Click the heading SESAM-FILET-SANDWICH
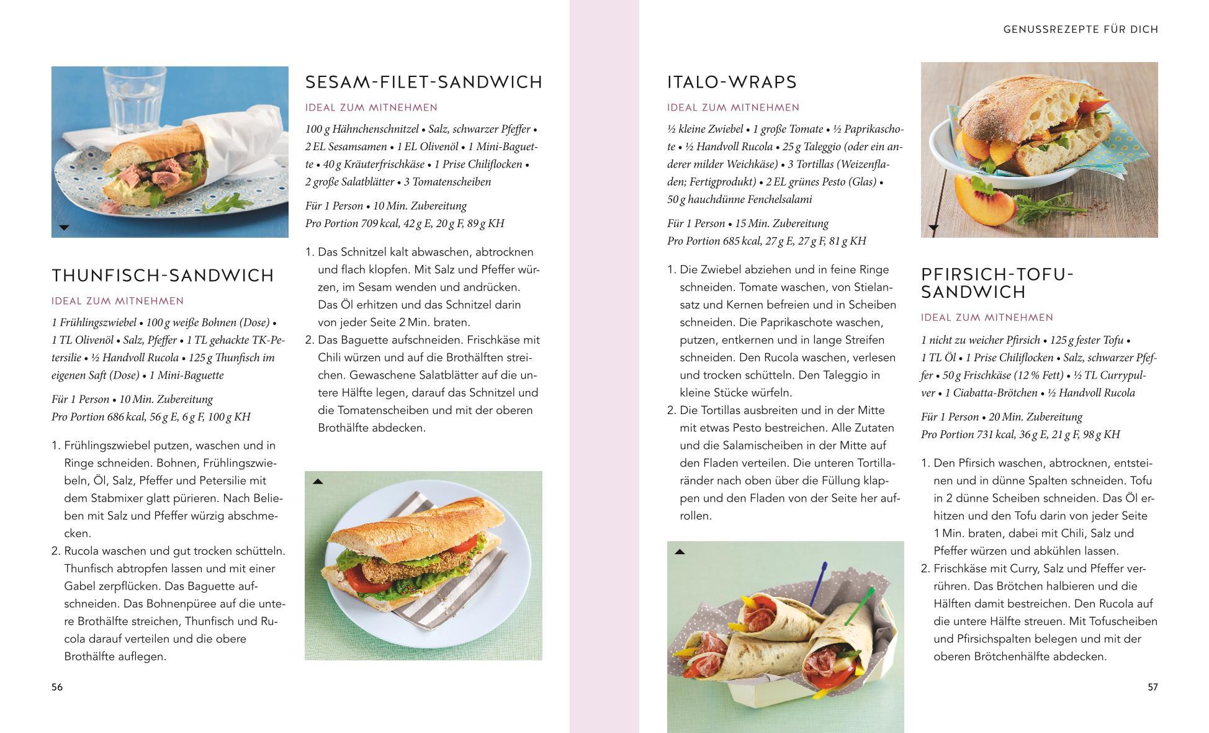[x=424, y=82]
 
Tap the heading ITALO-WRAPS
[x=732, y=82]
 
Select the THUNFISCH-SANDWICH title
[x=163, y=276]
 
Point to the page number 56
[x=57, y=687]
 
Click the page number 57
[x=1153, y=687]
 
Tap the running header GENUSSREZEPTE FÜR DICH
[x=1081, y=29]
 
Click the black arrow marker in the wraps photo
[x=680, y=552]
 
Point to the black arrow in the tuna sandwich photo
[x=63, y=228]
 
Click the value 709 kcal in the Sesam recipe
[x=374, y=223]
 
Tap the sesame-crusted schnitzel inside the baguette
[x=387, y=568]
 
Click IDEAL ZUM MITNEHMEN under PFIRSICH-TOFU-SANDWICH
[x=987, y=318]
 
